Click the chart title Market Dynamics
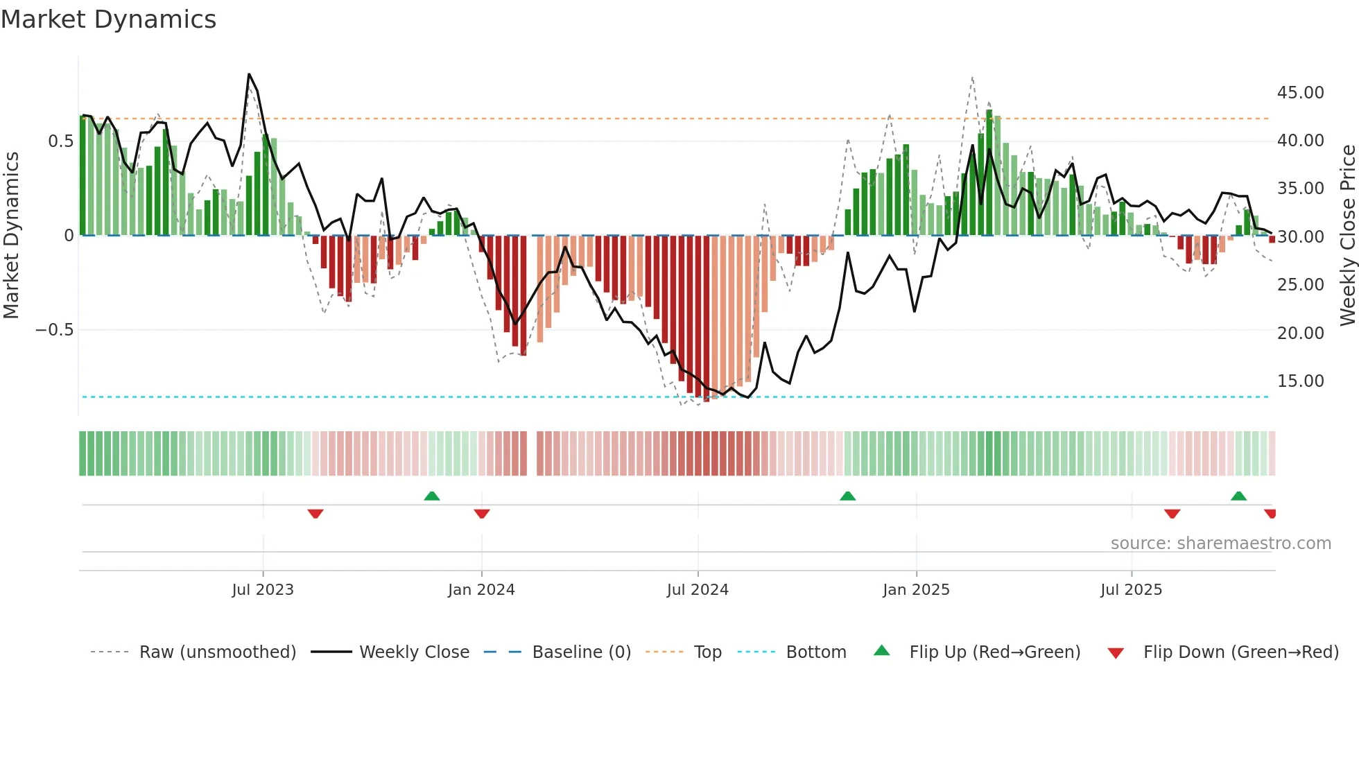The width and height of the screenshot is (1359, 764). pyautogui.click(x=108, y=19)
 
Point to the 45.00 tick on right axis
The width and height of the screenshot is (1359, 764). pyautogui.click(x=1300, y=93)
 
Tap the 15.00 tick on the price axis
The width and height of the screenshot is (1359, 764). pyautogui.click(x=1300, y=381)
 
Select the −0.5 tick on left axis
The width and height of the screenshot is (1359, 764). pyautogui.click(x=54, y=330)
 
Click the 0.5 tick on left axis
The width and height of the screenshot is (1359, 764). pyautogui.click(x=60, y=141)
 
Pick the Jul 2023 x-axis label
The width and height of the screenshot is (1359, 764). pyautogui.click(x=263, y=590)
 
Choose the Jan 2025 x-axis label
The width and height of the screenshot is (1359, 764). pyautogui.click(x=916, y=590)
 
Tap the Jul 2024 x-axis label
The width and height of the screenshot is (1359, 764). pyautogui.click(x=698, y=590)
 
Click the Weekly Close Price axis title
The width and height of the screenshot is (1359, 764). pyautogui.click(x=1347, y=235)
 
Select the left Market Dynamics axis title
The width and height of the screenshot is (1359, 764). pyautogui.click(x=11, y=235)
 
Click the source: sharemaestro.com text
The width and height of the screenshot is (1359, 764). pyautogui.click(x=1220, y=544)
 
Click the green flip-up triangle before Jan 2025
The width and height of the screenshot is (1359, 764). pyautogui.click(x=847, y=496)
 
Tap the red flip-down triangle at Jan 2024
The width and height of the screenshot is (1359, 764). pyautogui.click(x=482, y=514)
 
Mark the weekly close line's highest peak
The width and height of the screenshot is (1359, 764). pyautogui.click(x=249, y=74)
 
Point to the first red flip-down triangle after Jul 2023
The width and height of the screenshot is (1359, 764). pyautogui.click(x=315, y=514)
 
